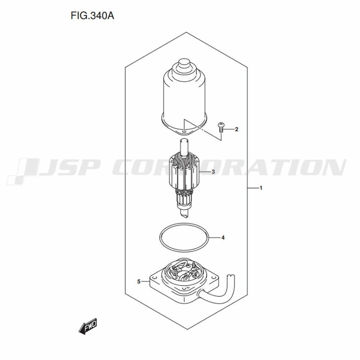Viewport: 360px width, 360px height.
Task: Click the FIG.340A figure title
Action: tap(92, 16)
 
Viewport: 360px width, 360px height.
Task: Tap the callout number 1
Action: tap(261, 188)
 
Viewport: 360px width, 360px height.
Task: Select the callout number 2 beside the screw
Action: tap(237, 130)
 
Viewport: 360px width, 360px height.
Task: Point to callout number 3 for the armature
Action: tap(213, 172)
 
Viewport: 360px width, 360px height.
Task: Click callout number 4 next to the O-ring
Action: tap(223, 238)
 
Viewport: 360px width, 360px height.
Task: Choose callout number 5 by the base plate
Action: tap(139, 282)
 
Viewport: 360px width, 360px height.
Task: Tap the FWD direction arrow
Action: tap(88, 326)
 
